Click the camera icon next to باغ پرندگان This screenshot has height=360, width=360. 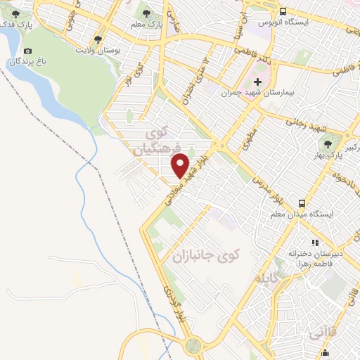pyautogui.click(x=27, y=51)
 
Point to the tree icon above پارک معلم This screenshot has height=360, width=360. pyautogui.click(x=146, y=13)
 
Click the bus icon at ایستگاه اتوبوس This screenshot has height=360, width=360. pyautogui.click(x=283, y=11)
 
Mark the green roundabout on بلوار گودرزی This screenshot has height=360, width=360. pyautogui.click(x=191, y=347)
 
